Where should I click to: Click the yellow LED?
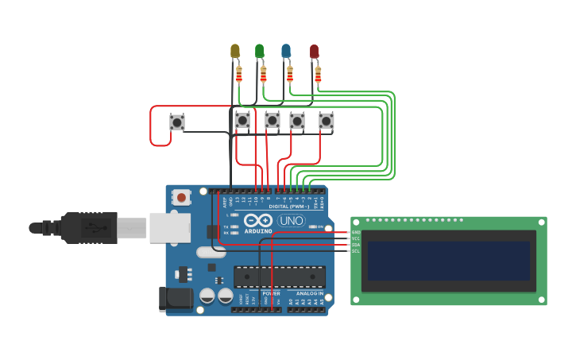coord(234,51)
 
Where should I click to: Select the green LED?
coord(259,51)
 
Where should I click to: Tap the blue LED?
coord(286,51)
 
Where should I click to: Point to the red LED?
coord(314,52)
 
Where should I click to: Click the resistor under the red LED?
coord(318,75)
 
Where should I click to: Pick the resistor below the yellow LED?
coord(238,75)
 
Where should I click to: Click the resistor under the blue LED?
coord(290,75)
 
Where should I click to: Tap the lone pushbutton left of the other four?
coord(177,122)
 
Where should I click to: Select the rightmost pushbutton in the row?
coord(326,121)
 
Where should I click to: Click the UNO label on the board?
coord(291,220)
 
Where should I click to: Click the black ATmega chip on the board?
coord(279,277)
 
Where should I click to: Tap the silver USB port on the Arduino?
coord(169,227)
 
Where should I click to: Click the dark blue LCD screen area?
coord(449,261)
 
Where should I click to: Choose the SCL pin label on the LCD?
coord(356,251)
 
